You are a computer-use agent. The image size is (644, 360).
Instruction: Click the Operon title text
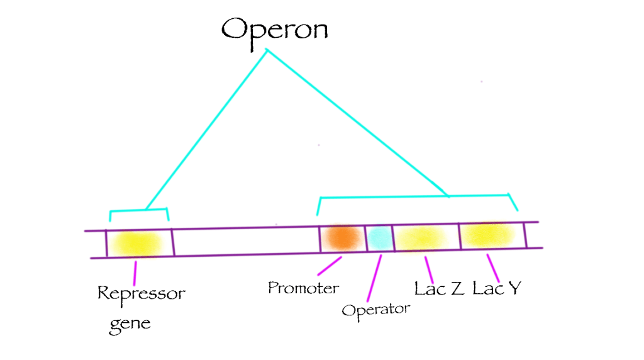coord(274,28)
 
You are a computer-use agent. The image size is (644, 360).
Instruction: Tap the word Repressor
coord(142,293)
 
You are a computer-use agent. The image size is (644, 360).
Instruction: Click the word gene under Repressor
coord(131,324)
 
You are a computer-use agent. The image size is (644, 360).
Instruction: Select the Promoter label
coord(303,288)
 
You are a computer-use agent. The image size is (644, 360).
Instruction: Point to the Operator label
coord(375,309)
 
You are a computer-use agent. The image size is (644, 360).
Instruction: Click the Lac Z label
coord(440,289)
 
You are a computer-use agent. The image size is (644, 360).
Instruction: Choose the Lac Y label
coord(497,289)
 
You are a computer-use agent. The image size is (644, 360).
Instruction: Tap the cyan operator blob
coord(379,237)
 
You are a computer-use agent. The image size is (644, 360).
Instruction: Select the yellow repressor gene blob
coord(138,243)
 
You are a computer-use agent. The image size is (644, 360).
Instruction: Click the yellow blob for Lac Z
coord(421,238)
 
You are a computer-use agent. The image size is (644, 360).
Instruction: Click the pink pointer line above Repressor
coord(135,272)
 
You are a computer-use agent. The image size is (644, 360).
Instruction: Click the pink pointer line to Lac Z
coord(430,269)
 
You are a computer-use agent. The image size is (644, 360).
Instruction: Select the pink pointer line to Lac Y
coord(494,268)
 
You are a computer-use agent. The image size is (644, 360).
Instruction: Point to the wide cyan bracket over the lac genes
coord(415,197)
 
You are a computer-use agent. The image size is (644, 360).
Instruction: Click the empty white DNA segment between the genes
coord(245,242)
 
